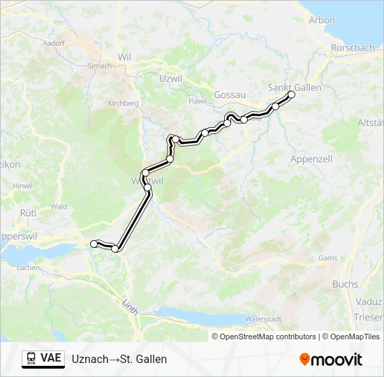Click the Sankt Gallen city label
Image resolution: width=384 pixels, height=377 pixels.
tap(295, 87)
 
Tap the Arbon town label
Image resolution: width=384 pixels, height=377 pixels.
tap(322, 20)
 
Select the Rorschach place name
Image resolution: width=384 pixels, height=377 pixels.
tap(353, 48)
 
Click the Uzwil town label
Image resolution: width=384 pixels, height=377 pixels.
tap(171, 79)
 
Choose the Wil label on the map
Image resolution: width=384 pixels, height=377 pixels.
tap(125, 57)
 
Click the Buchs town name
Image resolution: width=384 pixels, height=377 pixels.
tap(345, 284)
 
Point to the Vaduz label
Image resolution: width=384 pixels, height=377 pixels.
tap(370, 301)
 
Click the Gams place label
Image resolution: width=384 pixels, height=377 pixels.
tap(327, 258)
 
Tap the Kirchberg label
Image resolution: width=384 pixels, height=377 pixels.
tap(124, 103)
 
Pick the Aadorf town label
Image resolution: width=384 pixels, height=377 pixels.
tap(53, 43)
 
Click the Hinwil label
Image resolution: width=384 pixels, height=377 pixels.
tap(22, 186)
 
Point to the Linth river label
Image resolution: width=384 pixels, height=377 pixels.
tap(130, 305)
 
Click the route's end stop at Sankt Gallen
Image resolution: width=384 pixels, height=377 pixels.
tap(291, 94)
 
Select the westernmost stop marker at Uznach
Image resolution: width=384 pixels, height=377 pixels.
tap(94, 243)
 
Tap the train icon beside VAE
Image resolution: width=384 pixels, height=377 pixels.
tap(31, 359)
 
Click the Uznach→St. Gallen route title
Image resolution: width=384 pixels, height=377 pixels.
tap(119, 359)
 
